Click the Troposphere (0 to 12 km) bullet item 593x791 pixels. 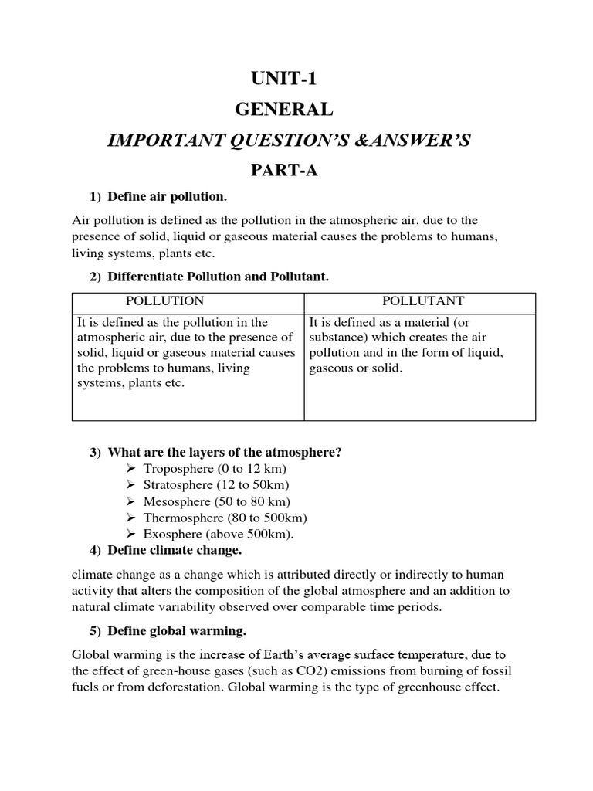pos(214,469)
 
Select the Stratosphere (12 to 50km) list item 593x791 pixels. pos(216,485)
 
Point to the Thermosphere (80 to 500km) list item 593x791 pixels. pos(225,518)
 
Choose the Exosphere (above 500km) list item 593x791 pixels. pos(219,534)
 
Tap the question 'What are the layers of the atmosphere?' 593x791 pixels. pos(224,452)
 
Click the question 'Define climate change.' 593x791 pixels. pos(175,550)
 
